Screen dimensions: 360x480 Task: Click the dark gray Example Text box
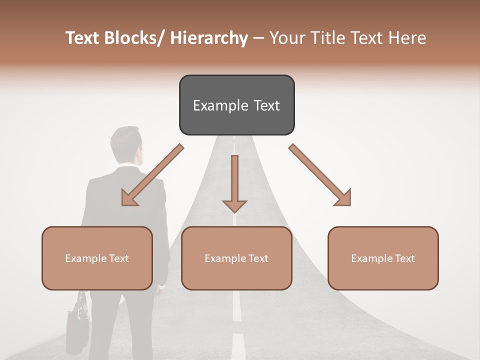click(236, 105)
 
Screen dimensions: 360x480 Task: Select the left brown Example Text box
click(97, 258)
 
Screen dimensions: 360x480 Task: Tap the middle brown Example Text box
click(236, 258)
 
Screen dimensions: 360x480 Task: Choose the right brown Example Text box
click(383, 258)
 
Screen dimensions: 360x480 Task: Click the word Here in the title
click(408, 38)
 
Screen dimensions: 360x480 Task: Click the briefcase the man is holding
click(78, 322)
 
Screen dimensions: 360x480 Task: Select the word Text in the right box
click(404, 258)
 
